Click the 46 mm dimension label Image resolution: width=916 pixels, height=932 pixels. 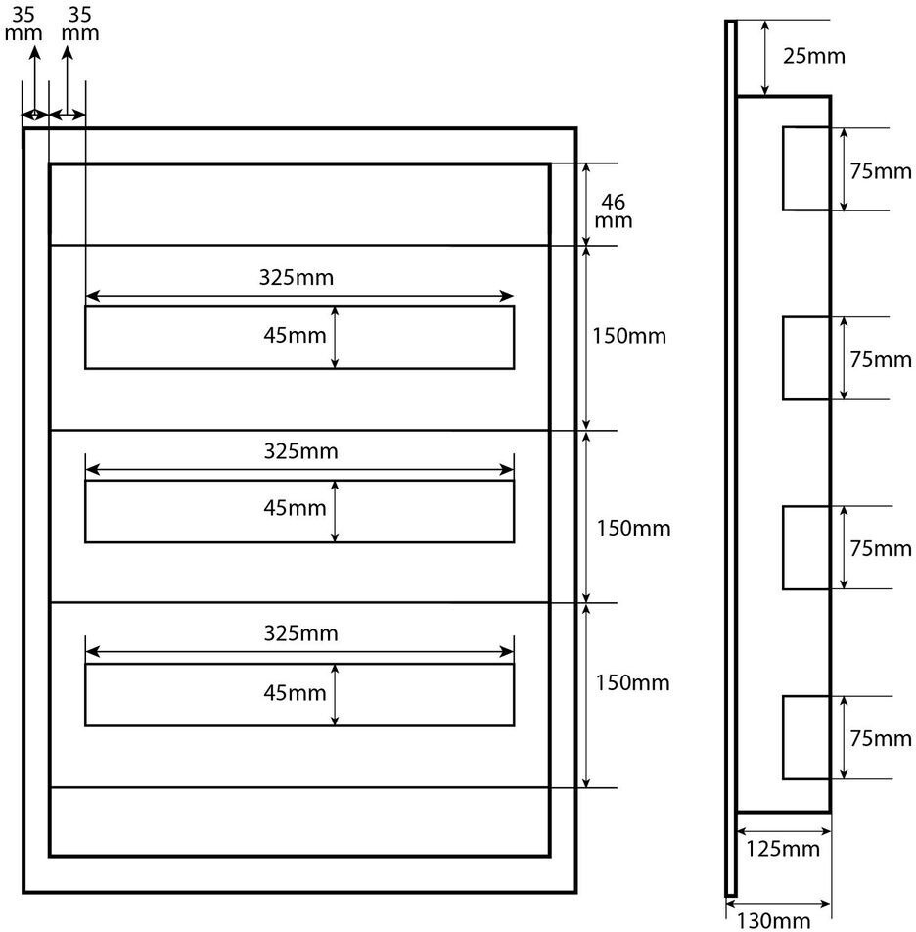coord(613,211)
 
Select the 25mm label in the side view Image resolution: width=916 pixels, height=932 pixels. coord(813,56)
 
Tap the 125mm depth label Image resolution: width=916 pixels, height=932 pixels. coord(782,849)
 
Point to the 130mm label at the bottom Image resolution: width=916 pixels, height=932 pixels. coord(773,920)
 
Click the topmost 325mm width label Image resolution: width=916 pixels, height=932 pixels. coord(296,278)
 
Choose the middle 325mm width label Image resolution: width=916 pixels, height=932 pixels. coord(300,451)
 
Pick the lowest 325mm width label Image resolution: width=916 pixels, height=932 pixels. coord(300,633)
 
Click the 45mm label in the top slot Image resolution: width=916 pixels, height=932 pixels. coord(295,335)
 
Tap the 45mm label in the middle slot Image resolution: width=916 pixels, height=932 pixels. coord(295,508)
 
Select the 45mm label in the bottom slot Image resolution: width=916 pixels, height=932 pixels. coord(295,692)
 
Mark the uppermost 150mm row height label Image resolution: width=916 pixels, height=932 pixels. coord(629,336)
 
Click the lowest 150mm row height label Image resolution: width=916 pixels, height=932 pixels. coord(632,682)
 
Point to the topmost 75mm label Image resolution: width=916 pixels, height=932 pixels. coord(881,171)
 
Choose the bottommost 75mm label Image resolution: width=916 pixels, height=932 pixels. coord(881,738)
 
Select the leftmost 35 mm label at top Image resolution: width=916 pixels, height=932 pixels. coord(23,23)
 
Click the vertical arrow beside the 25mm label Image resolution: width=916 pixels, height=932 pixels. coord(765,58)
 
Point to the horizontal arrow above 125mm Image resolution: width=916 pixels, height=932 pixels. coord(784,831)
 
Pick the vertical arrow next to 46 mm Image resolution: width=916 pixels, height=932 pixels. coord(586,204)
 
